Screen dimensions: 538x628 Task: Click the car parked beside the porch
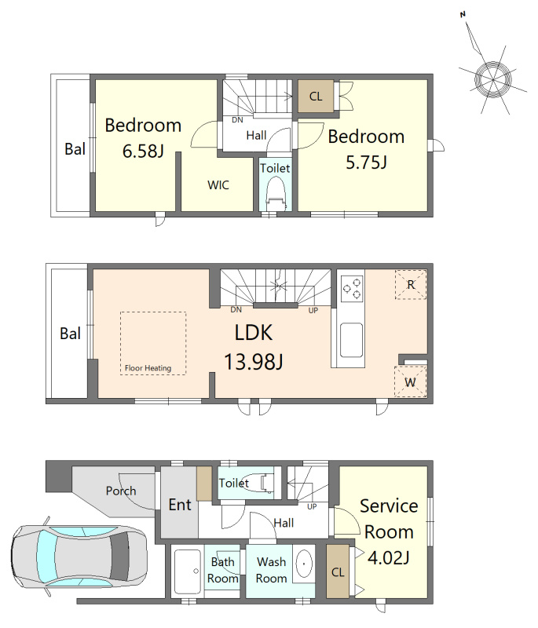pos(79,557)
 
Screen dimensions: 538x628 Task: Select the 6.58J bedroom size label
pos(143,152)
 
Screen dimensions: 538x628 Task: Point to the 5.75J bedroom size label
pos(366,162)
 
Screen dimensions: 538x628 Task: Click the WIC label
pos(218,185)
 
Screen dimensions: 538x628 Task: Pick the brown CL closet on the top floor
pos(316,96)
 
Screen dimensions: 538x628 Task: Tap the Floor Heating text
pos(148,367)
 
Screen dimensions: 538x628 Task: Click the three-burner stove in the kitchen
pos(352,287)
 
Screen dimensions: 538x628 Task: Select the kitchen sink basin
pos(351,340)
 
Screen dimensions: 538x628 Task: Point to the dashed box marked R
pos(411,284)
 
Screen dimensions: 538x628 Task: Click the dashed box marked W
pos(411,382)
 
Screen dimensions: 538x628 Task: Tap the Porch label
pos(121,491)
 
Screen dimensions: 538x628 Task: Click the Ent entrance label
pos(180,505)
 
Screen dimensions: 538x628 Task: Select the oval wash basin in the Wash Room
pos(304,564)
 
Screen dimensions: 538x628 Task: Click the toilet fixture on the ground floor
pos(260,483)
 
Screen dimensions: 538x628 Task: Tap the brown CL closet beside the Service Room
pos(338,572)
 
